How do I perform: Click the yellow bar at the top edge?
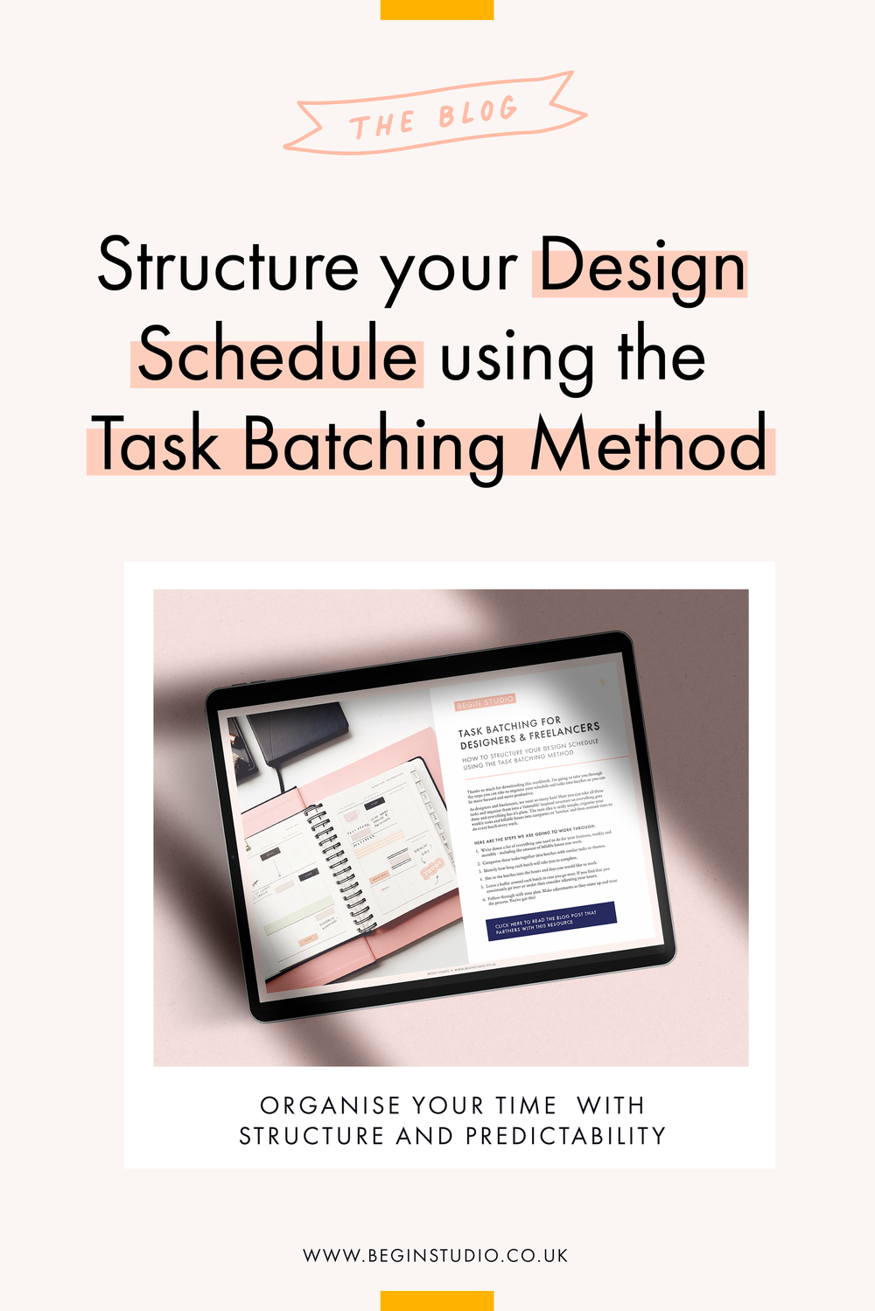[437, 10]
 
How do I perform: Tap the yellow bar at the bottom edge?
[437, 1301]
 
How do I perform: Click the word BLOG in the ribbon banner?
[478, 113]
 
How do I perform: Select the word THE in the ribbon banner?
[381, 125]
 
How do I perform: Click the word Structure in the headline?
[227, 265]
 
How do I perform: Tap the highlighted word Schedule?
[277, 356]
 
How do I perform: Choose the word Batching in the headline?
[374, 446]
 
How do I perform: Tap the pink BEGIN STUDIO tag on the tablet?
[485, 701]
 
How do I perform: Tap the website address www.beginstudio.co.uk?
[436, 1255]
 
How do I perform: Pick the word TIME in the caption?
[526, 1105]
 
